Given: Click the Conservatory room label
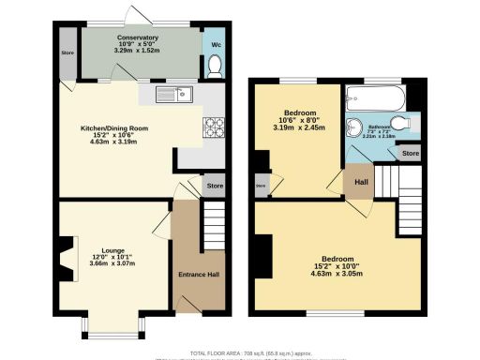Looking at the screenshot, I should click(138, 37).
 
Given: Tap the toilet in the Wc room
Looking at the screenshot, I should click(214, 65).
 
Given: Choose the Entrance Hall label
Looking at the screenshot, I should click(199, 275).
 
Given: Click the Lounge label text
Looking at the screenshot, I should click(113, 250).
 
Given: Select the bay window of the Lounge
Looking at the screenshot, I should click(112, 324).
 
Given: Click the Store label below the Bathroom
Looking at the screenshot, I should click(410, 152).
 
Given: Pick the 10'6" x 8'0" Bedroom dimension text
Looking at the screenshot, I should click(299, 127).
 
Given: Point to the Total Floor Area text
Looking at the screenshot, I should click(240, 352).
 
